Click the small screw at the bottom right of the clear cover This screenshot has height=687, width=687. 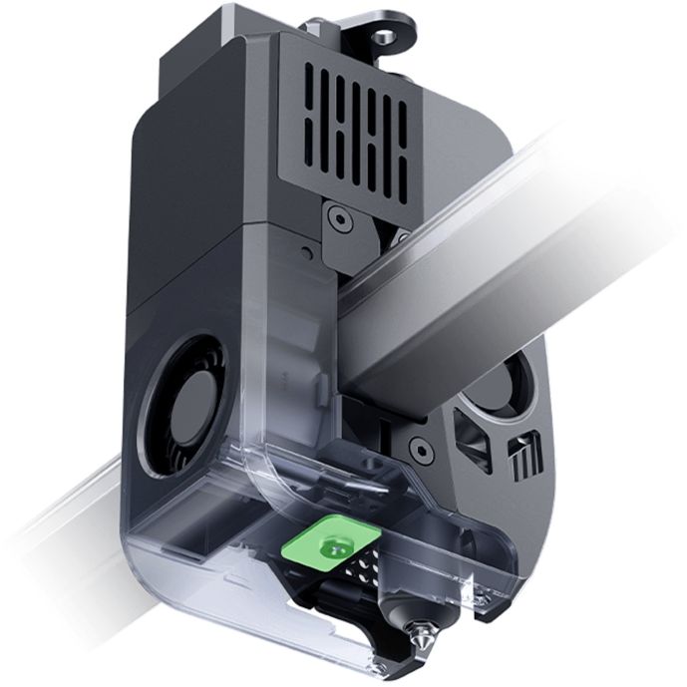click(x=485, y=595)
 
